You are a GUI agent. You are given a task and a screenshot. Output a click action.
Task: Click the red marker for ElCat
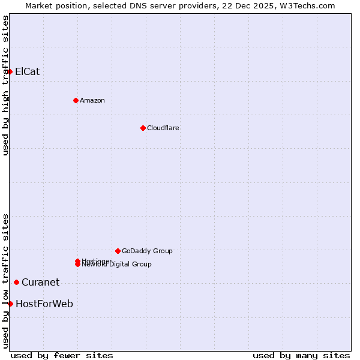10,72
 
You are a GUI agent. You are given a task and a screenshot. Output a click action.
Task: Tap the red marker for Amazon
76,100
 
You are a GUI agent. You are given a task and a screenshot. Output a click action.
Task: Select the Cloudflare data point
143,128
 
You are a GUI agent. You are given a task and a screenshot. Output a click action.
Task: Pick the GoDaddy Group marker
118,251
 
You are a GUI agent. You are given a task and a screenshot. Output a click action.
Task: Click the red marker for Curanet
16,282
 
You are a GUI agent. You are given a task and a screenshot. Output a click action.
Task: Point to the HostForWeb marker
10,304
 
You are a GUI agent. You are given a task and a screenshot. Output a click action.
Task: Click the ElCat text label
28,72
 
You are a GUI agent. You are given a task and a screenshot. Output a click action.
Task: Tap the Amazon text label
92,100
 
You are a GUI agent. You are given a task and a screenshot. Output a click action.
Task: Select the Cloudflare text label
163,128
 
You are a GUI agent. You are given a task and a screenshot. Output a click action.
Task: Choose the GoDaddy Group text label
147,251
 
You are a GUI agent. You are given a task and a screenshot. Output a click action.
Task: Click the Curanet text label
40,282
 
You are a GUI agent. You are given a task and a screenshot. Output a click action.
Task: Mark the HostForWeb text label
44,304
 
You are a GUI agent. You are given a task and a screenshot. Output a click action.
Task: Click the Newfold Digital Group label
118,265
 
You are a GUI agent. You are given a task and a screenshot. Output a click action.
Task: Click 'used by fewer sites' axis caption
62,355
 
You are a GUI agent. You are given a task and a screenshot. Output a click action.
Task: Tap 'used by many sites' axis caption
301,355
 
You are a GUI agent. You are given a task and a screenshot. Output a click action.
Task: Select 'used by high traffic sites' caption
6,85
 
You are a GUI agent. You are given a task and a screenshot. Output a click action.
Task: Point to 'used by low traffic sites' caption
6,280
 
